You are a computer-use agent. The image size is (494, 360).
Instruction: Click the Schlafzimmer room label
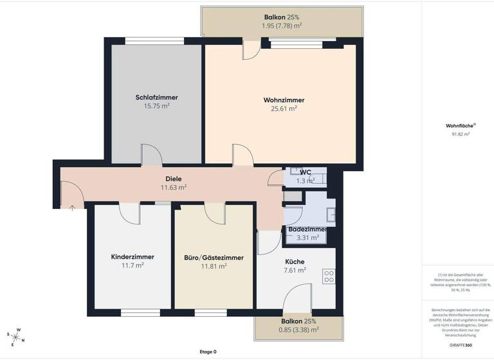(x=156, y=98)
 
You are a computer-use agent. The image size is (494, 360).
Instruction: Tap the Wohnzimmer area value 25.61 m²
(x=284, y=109)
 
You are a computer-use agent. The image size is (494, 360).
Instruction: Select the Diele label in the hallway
(x=173, y=178)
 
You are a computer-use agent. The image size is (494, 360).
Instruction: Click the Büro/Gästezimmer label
(x=214, y=258)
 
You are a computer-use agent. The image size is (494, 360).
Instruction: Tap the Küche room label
(x=295, y=262)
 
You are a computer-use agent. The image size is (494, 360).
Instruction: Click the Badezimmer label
(x=307, y=229)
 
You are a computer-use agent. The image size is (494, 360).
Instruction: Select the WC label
(x=306, y=172)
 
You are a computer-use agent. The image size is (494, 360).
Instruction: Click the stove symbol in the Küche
(x=328, y=276)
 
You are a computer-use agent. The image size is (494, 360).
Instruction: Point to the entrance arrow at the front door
(x=72, y=208)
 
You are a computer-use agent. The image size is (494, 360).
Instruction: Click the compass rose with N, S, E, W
(x=15, y=336)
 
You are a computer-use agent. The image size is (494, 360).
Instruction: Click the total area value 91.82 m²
(x=461, y=134)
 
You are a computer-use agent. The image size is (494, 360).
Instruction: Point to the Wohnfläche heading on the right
(x=460, y=126)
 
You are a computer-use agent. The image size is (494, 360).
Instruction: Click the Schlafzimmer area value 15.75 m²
(x=156, y=106)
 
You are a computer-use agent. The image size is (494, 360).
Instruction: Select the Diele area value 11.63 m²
(x=173, y=188)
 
